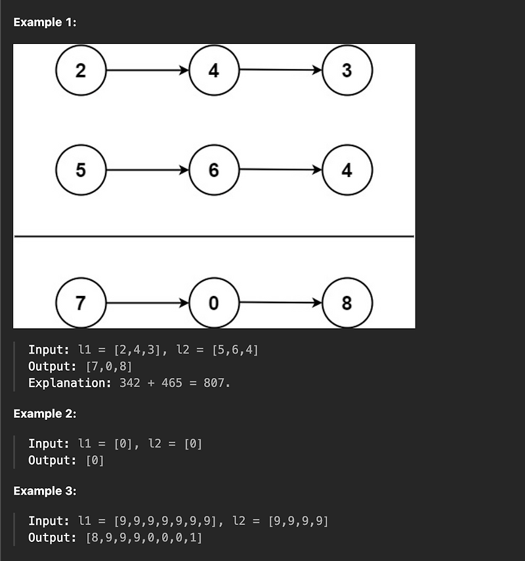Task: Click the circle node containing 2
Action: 81,70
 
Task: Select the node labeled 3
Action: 347,70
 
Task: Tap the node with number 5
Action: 81,171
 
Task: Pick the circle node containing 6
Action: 214,171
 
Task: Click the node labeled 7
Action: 81,302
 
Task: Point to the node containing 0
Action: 214,302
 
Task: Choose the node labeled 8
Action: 347,302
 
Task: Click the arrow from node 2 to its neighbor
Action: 147,70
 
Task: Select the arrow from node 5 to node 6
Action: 147,171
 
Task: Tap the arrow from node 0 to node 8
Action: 281,302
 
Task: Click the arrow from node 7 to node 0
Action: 147,302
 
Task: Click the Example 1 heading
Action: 45,22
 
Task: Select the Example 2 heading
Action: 45,414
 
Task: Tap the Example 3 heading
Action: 45,491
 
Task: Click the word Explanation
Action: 70,383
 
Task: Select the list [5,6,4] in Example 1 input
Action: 236,350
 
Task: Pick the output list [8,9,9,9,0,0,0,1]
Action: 144,538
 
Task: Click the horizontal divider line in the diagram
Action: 214,236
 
